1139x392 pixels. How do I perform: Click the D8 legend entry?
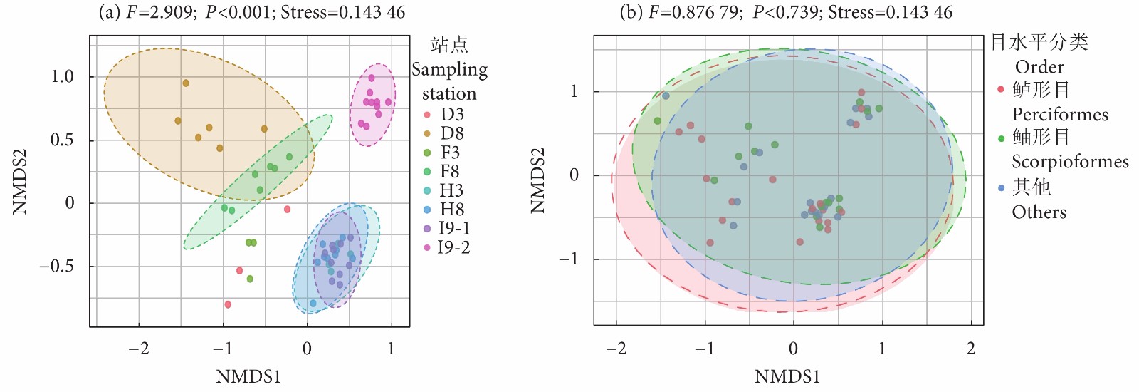[x=452, y=133]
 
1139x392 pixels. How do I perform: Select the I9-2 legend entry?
[x=453, y=247]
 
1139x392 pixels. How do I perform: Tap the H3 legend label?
[x=451, y=190]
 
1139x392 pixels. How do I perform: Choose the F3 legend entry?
[x=450, y=153]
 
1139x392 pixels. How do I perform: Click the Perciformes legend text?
[x=1060, y=114]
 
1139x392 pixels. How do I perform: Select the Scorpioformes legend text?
[x=1070, y=162]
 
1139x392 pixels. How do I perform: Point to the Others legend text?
[x=1039, y=212]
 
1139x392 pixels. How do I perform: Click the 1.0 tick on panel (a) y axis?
[x=63, y=76]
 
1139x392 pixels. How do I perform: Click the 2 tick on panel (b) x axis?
[x=971, y=349]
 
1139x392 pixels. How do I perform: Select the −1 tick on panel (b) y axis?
[x=569, y=259]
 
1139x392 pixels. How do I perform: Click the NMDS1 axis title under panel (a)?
[x=248, y=376]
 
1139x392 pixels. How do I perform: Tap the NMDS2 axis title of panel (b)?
[x=538, y=180]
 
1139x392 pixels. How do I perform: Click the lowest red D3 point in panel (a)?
[x=228, y=304]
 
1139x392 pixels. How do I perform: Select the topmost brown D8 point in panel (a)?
[x=186, y=83]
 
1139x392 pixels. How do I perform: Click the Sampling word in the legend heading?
[x=449, y=70]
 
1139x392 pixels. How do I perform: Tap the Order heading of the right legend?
[x=1039, y=67]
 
